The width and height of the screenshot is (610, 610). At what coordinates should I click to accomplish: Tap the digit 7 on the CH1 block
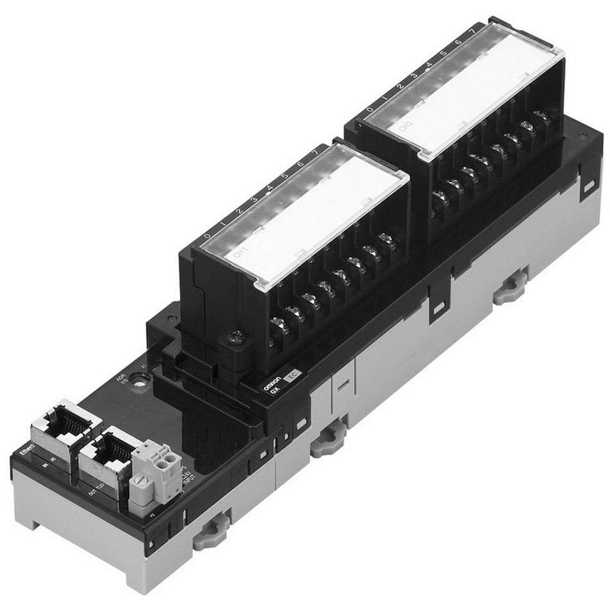click(x=314, y=153)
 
